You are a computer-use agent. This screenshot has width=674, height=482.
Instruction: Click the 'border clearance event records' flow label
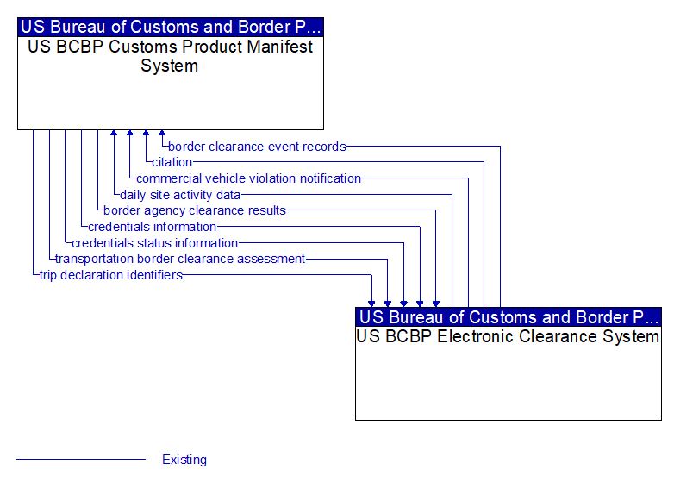click(257, 147)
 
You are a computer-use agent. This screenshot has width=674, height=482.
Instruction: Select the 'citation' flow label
click(172, 162)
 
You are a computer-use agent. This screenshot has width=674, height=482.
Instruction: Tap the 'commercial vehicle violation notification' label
click(248, 178)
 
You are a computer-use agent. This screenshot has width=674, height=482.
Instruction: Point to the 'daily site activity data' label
click(180, 195)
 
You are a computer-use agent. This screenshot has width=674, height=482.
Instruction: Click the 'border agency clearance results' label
click(195, 210)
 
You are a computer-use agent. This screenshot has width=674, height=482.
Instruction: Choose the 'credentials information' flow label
click(153, 227)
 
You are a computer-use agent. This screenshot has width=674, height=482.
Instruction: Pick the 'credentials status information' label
click(155, 243)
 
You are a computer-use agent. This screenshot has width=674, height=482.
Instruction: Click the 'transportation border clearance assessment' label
click(180, 259)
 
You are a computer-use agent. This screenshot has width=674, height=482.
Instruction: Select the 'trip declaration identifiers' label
click(111, 275)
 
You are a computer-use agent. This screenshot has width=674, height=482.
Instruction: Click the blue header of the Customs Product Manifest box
click(171, 27)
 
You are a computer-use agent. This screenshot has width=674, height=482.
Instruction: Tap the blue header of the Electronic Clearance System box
click(509, 317)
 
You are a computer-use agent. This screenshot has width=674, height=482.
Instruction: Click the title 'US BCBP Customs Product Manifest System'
click(170, 56)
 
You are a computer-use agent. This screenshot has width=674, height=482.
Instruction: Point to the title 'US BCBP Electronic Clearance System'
click(508, 336)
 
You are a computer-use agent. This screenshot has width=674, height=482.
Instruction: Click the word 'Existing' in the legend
click(184, 460)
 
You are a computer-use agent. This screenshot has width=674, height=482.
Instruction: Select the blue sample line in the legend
click(81, 460)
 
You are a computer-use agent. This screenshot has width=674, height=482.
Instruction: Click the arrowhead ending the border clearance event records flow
click(162, 133)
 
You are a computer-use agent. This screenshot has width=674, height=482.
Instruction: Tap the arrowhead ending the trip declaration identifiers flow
click(371, 304)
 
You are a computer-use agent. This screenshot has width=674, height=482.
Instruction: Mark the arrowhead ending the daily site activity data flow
click(114, 133)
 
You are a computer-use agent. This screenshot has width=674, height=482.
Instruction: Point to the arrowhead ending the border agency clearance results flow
click(436, 304)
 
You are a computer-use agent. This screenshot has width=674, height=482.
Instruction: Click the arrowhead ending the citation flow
click(147, 133)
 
